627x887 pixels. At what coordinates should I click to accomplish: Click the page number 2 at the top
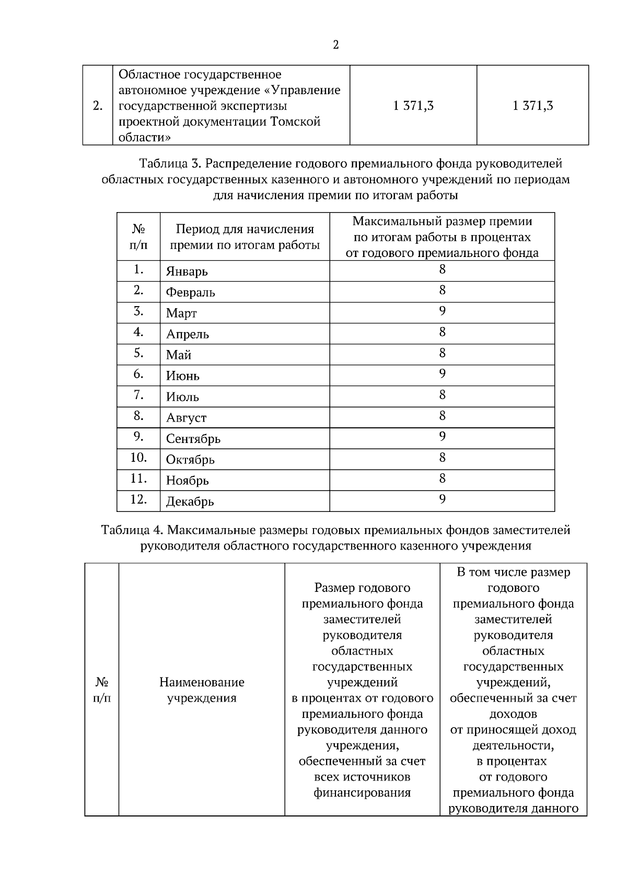click(x=335, y=45)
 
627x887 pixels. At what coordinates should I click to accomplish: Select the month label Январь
click(x=187, y=272)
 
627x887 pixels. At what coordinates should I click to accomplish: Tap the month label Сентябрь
click(x=193, y=439)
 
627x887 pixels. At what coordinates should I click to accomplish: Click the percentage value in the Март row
click(x=442, y=311)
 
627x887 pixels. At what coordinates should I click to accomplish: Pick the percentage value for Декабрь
click(x=442, y=499)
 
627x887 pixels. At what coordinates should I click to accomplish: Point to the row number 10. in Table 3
click(x=138, y=458)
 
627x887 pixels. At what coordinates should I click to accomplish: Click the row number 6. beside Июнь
click(x=138, y=374)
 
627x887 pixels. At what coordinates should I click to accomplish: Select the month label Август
click(x=186, y=418)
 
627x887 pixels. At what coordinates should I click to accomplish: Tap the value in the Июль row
click(x=442, y=395)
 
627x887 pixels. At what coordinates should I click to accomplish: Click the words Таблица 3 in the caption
click(x=170, y=164)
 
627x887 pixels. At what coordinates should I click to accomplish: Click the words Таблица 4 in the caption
click(x=132, y=530)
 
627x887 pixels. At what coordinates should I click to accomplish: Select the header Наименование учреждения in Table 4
click(x=202, y=690)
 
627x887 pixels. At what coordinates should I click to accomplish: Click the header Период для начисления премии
click(x=245, y=237)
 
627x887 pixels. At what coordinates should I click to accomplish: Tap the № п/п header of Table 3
click(x=138, y=237)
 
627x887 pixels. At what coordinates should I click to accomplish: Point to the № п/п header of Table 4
click(x=101, y=690)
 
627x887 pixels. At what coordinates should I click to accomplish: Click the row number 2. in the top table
click(x=97, y=106)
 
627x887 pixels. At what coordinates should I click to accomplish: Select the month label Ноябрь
click(x=187, y=481)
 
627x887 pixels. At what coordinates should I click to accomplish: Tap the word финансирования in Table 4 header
click(x=362, y=792)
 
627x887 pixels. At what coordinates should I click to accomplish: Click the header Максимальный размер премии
click(x=442, y=221)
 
